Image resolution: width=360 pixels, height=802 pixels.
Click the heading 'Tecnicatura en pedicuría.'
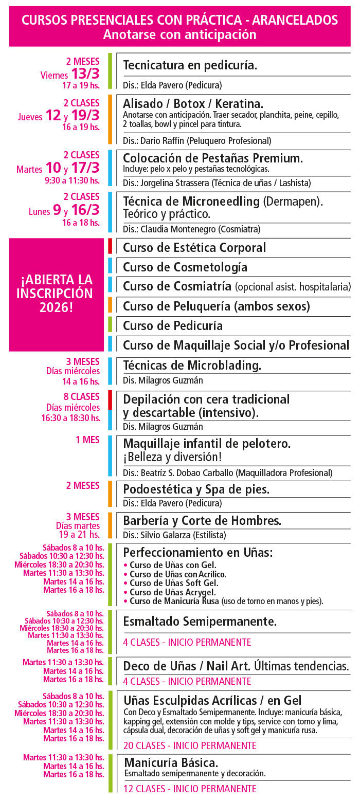pos(190,66)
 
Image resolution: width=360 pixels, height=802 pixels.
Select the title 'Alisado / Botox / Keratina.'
pos(193,102)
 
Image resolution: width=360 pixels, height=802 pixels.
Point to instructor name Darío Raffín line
pos(197,140)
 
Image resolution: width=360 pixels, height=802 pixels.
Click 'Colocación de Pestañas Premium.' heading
pos(212,158)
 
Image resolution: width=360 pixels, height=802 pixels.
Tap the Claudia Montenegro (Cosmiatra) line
pos(191,229)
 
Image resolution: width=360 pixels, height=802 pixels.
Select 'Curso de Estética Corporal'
pos(194,247)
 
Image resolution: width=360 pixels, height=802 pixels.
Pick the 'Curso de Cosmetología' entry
pos(185,267)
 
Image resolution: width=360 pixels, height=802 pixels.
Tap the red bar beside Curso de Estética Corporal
pos(110,246)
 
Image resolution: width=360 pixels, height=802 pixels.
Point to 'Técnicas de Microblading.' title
pos(192,365)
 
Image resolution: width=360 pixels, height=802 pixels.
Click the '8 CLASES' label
pos(82,397)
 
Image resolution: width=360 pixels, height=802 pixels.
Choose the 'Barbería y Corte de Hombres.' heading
pos(202,520)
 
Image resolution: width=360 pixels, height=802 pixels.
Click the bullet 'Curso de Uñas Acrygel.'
pos(172,592)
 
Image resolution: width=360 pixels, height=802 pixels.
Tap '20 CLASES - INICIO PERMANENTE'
pos(190,745)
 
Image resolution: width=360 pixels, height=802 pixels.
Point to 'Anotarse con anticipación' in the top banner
pos(179,34)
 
